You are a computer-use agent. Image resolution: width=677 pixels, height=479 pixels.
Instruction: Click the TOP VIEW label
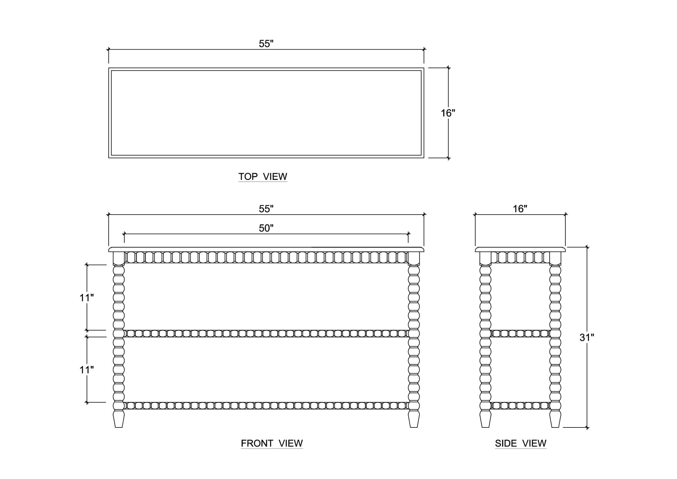[x=263, y=176]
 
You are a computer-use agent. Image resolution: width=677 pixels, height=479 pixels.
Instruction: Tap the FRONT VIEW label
[x=271, y=443]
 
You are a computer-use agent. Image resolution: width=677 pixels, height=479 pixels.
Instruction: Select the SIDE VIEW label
[x=520, y=443]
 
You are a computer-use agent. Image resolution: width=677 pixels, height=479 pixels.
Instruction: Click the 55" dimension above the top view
[x=266, y=44]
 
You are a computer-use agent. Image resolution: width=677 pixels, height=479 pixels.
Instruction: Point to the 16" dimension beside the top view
[x=447, y=113]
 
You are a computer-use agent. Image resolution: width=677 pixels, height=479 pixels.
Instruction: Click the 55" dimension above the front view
[x=266, y=209]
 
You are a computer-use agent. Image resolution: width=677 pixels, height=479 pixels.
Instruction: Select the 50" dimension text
[x=266, y=228]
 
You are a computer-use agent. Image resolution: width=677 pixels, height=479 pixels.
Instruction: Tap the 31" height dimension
[x=586, y=337]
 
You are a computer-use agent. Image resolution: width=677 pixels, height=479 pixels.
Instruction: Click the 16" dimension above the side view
[x=520, y=209]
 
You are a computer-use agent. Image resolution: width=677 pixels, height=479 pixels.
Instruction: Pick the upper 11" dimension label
[x=86, y=298]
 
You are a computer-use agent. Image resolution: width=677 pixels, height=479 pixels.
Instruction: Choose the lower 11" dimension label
[x=86, y=370]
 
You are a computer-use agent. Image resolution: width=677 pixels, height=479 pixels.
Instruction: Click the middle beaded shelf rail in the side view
[x=520, y=334]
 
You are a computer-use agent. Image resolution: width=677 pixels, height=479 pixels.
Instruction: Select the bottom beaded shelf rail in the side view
[x=520, y=405]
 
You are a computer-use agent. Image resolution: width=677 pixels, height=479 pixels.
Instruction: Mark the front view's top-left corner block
[x=119, y=258]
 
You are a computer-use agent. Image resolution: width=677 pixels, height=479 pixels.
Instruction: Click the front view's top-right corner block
[x=414, y=258]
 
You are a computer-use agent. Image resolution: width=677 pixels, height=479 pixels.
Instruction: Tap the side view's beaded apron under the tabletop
[x=520, y=257]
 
